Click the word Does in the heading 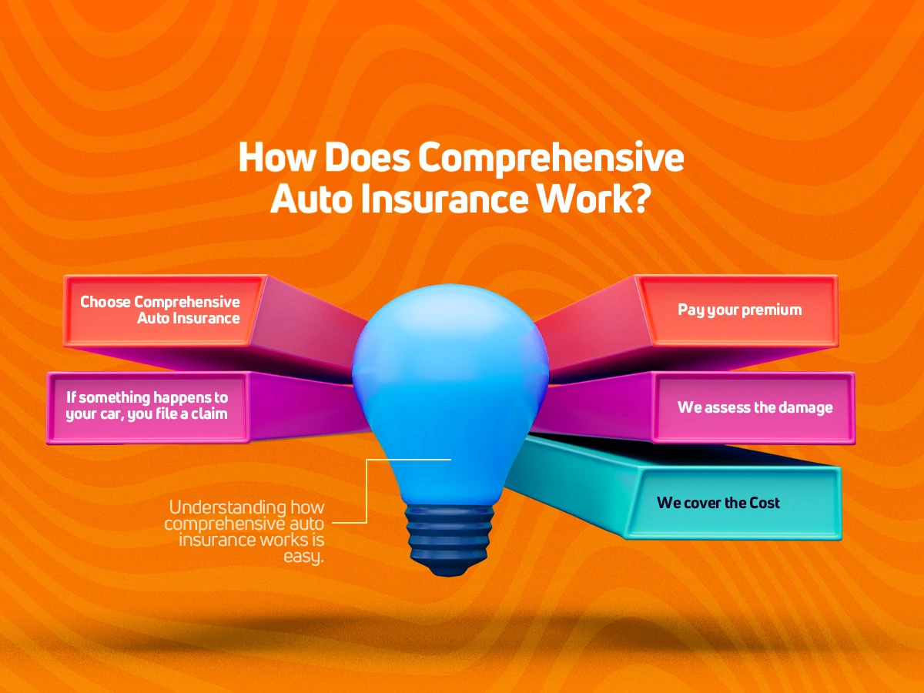(367, 157)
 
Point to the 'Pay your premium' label (740, 310)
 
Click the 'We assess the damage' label (755, 407)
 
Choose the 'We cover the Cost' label (718, 502)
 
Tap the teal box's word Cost (762, 502)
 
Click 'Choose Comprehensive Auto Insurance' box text (160, 310)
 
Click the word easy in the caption (303, 556)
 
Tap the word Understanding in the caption (228, 507)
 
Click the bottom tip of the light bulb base (449, 576)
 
